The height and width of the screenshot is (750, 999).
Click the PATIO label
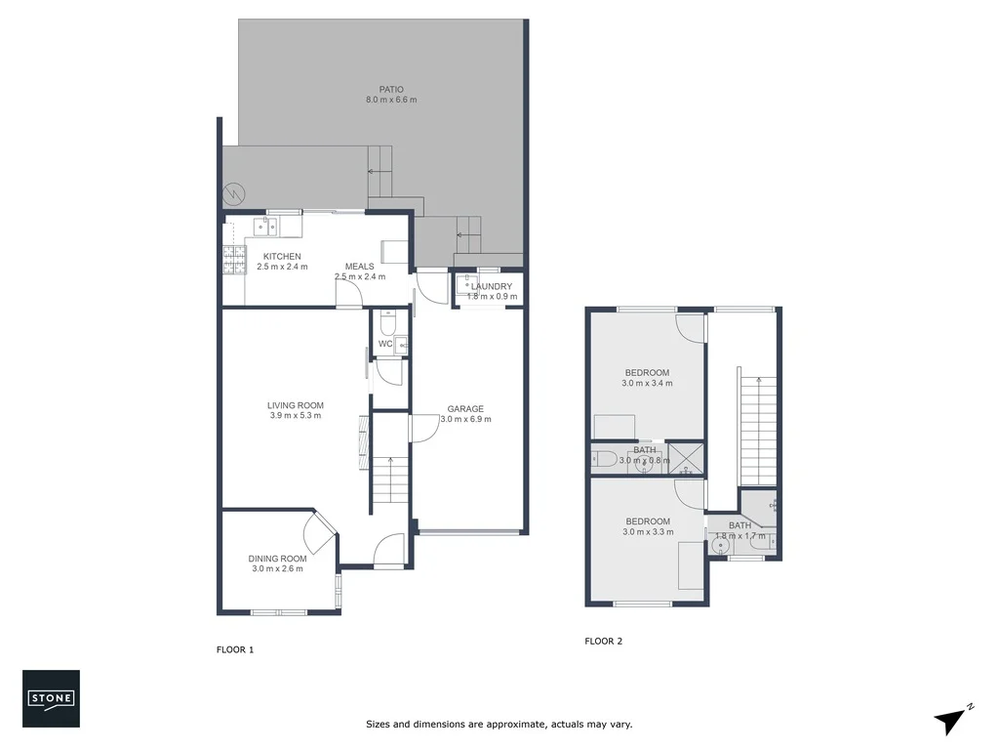[x=391, y=89]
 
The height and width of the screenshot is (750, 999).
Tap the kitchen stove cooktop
[x=235, y=258]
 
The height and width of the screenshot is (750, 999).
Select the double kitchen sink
[x=265, y=228]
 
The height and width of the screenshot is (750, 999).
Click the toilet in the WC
[x=387, y=322]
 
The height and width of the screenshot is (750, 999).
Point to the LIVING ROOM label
[x=296, y=405]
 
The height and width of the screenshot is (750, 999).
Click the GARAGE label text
[x=465, y=409]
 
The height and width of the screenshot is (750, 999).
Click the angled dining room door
[x=320, y=533]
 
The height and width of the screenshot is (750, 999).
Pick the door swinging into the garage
[x=422, y=428]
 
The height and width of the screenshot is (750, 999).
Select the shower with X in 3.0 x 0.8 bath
[x=689, y=457]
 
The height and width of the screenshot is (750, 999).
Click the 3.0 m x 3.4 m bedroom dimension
[x=647, y=384]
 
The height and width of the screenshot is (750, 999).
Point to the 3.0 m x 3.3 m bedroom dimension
[x=647, y=532]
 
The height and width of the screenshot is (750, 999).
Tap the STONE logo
[x=51, y=699]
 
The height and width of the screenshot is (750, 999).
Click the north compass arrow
[x=950, y=721]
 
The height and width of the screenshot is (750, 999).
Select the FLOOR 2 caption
[x=603, y=642]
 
